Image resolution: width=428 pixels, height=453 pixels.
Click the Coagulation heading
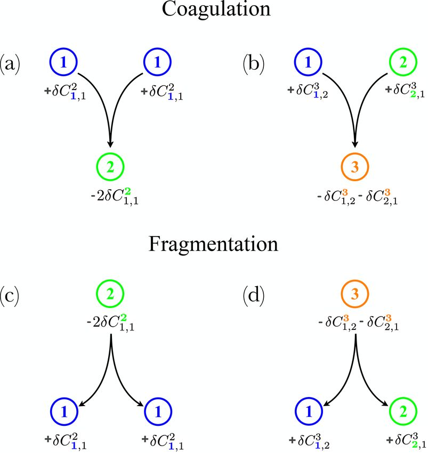[x=214, y=11]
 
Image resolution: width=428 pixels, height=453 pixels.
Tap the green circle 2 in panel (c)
[x=110, y=294]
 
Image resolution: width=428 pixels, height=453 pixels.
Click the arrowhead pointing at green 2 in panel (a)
[x=110, y=144]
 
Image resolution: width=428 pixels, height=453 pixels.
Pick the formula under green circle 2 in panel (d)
[x=403, y=440]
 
